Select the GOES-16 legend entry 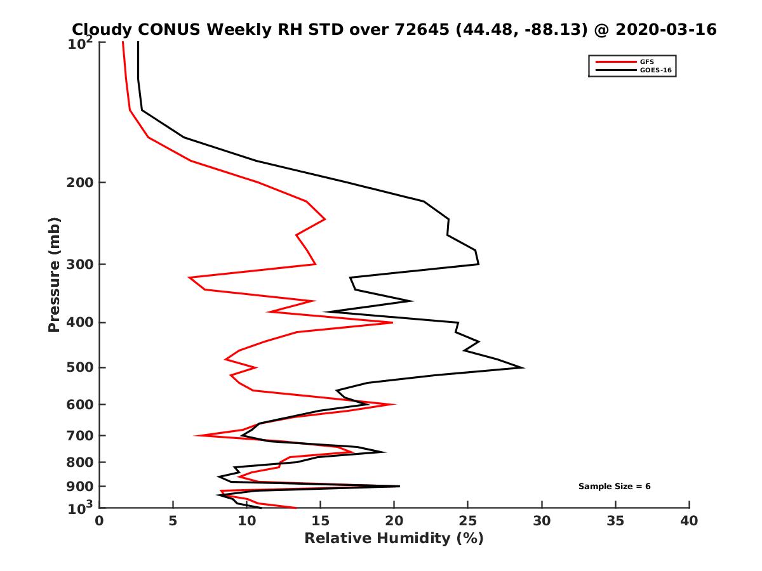click(x=633, y=70)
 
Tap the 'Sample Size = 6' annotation click(x=614, y=487)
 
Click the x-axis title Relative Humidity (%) click(x=394, y=539)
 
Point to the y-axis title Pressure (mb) click(x=54, y=275)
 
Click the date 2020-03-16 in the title click(x=666, y=29)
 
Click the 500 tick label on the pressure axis click(x=80, y=367)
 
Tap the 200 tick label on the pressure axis click(x=80, y=182)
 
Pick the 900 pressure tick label click(x=80, y=487)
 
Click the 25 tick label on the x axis click(x=467, y=521)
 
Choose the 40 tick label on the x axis click(x=689, y=521)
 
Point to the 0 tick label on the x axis click(x=99, y=521)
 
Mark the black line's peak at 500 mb click(x=523, y=367)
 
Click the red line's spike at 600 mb click(x=395, y=404)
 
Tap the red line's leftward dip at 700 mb click(x=195, y=435)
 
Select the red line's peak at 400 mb click(x=392, y=322)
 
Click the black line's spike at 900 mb click(x=399, y=487)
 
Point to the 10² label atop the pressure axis click(x=80, y=43)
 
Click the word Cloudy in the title click(x=102, y=30)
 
